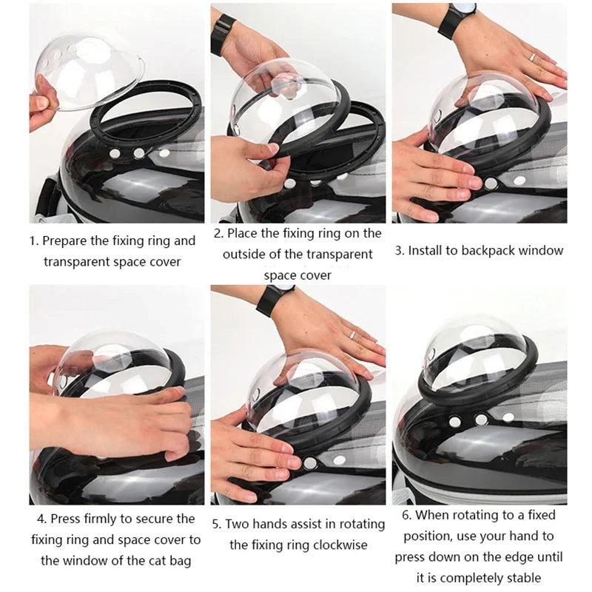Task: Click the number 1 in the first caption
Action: click(33, 240)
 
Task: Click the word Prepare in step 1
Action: click(66, 240)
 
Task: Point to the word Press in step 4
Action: click(67, 519)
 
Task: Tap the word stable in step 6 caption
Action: click(522, 577)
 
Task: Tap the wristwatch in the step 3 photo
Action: click(453, 21)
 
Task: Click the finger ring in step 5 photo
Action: click(354, 336)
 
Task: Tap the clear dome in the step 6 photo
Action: click(481, 348)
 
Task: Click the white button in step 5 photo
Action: click(309, 462)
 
